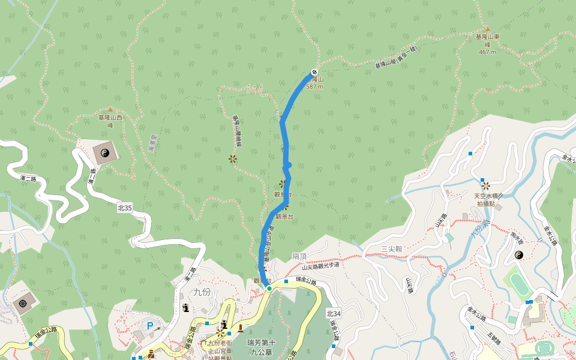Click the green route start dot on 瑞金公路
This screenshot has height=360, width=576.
pos(269,289)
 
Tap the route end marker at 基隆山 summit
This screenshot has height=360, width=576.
pos(314,73)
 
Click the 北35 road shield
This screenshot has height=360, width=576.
pos(125,208)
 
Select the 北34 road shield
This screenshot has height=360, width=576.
pos(334,313)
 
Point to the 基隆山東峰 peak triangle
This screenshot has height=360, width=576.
pos(487,29)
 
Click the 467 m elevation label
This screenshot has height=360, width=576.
pos(488,52)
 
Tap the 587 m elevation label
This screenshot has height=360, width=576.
pos(314,86)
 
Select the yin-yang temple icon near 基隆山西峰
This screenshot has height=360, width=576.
pos(106,154)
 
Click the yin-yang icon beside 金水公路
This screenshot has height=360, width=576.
pos(520,255)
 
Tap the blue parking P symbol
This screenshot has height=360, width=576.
pos(150,326)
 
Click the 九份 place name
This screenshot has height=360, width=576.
pos(202,292)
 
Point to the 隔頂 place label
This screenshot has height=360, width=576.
pos(299,256)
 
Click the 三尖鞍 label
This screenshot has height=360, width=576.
pos(391,248)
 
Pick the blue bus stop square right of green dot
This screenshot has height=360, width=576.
pos(287,280)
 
